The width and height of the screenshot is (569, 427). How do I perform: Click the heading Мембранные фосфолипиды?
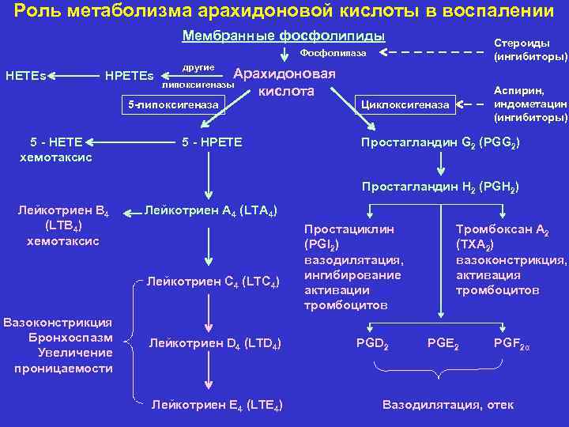click(x=284, y=36)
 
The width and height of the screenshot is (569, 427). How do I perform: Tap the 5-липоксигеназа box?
click(x=173, y=104)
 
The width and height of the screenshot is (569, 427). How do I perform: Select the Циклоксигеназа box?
click(x=405, y=104)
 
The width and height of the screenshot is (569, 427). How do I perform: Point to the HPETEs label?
click(x=130, y=77)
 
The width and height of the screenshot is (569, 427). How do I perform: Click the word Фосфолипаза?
click(x=333, y=53)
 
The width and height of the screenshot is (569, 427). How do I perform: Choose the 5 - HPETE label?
click(x=212, y=142)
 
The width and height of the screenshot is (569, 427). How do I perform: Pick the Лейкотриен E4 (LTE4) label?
click(x=217, y=405)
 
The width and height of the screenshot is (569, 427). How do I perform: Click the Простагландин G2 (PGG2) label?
click(x=440, y=142)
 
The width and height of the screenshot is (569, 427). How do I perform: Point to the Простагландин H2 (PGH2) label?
click(x=440, y=187)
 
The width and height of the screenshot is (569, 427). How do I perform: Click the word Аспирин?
click(x=524, y=91)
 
